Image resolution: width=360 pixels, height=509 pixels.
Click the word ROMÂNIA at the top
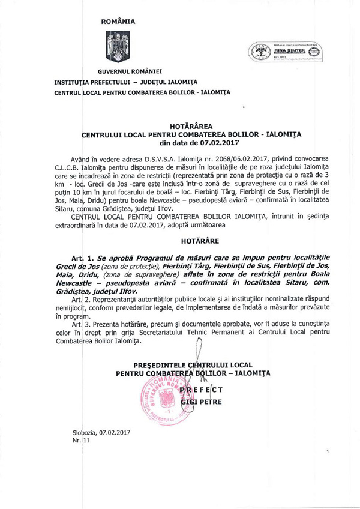pos(118,22)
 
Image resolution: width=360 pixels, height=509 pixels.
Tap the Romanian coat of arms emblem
pos(117,47)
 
